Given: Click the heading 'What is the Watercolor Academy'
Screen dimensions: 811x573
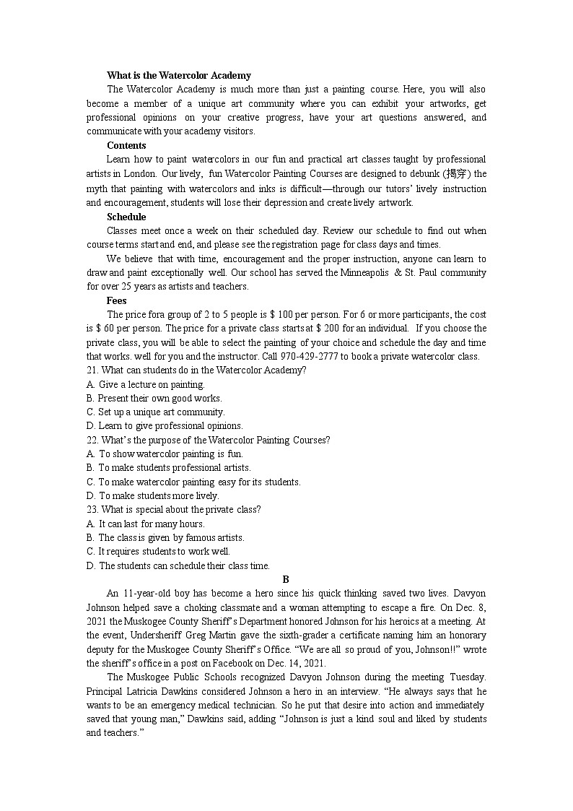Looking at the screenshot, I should pos(179,75).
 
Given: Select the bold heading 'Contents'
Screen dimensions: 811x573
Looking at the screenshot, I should pos(126,145).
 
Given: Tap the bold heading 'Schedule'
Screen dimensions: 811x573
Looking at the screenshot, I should pos(126,217).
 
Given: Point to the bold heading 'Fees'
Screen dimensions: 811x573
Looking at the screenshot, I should pos(117,300).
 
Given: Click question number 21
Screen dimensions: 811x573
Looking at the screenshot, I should pos(92,370).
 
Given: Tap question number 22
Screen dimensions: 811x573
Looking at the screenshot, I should pos(92,440).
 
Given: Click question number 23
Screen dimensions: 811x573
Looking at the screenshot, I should pos(92,509).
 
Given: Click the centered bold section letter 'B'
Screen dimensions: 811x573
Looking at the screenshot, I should pos(286,579).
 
